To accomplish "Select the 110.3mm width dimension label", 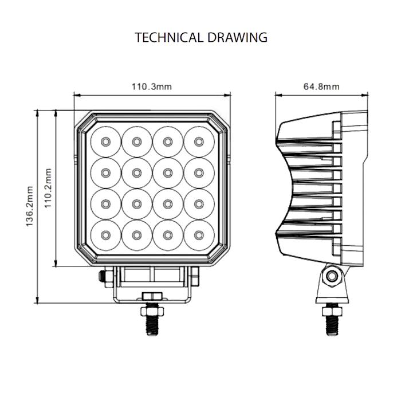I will pos(152,87).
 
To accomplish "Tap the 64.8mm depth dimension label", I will pos(321,87).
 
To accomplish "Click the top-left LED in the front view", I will pos(105,141).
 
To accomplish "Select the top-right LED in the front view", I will pos(198,141).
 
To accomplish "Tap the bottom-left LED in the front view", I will pos(105,234).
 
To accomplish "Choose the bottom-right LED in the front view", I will pos(198,234).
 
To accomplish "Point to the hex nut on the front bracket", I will pos(152,296).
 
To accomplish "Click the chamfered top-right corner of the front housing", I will pos(221,120).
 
